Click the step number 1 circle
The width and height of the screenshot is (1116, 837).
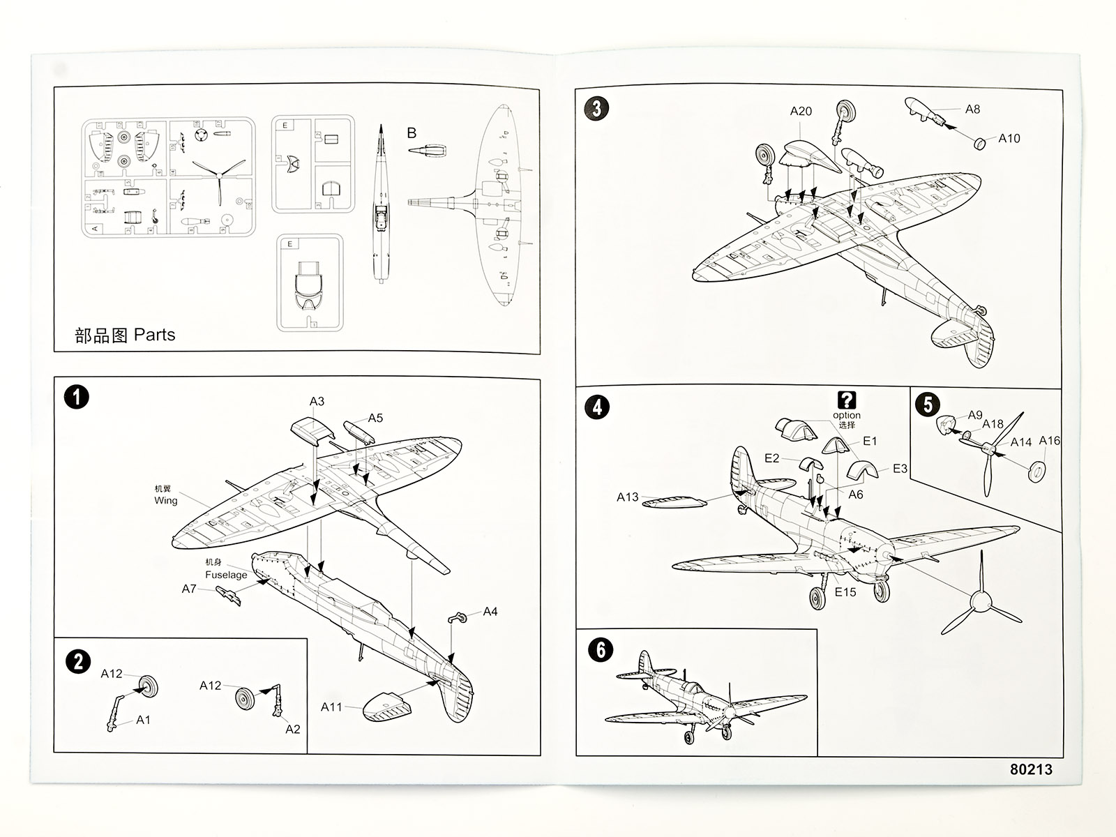point(76,398)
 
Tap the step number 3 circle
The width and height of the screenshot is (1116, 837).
point(596,108)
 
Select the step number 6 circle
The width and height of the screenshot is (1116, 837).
point(601,650)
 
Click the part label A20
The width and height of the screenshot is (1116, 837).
point(801,111)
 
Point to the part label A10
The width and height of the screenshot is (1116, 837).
point(1009,138)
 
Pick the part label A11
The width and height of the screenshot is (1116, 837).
point(331,707)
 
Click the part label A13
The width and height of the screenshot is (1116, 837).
point(627,497)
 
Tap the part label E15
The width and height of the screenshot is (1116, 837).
point(845,591)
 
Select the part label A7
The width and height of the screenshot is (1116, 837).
point(189,589)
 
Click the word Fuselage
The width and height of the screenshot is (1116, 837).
point(226,575)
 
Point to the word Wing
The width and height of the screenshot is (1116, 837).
point(166,500)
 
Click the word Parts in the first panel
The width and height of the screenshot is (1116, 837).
point(154,335)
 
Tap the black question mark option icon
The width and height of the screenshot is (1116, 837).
point(846,400)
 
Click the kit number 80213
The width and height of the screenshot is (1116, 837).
point(1031,769)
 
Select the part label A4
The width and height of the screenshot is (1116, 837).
point(490,612)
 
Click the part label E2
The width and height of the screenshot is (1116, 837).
point(771,458)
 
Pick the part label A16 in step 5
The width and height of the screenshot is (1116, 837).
point(1049,440)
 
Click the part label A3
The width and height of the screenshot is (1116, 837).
point(317,401)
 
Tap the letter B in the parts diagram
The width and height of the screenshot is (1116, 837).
point(412,133)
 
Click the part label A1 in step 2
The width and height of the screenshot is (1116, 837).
point(143,720)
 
